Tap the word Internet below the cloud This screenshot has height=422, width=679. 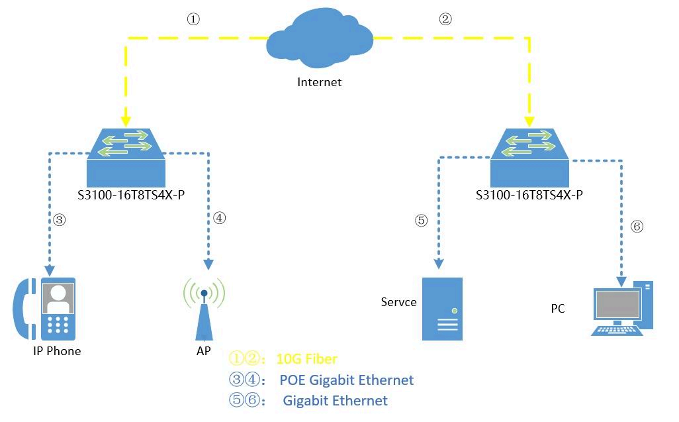pyautogui.click(x=320, y=82)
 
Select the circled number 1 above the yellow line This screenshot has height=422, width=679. pyautogui.click(x=193, y=20)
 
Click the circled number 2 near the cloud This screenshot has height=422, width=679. pyautogui.click(x=445, y=20)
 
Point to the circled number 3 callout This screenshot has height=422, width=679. pyautogui.click(x=60, y=221)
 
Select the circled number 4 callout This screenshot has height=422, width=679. pyautogui.click(x=220, y=218)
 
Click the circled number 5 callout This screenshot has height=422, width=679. pyautogui.click(x=422, y=221)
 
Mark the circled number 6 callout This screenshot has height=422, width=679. pyautogui.click(x=637, y=227)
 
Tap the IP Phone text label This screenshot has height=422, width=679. pyautogui.click(x=57, y=351)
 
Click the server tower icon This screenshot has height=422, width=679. pyautogui.click(x=443, y=309)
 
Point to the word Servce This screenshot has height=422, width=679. pyautogui.click(x=398, y=302)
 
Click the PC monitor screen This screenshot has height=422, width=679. pyautogui.click(x=618, y=305)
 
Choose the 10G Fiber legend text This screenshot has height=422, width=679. pyautogui.click(x=307, y=359)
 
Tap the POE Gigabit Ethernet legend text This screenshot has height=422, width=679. pyautogui.click(x=346, y=380)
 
